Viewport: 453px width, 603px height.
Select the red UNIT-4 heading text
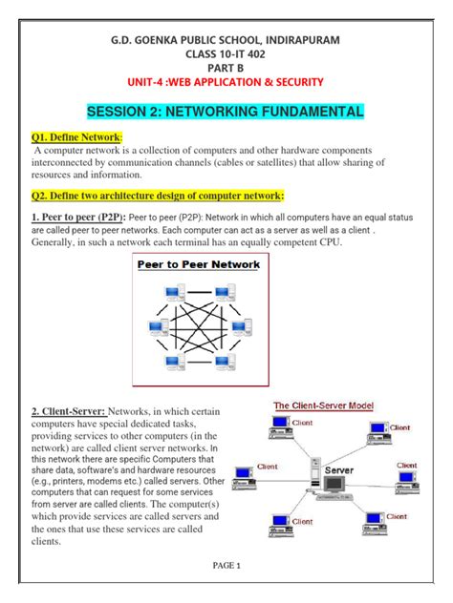[x=226, y=83]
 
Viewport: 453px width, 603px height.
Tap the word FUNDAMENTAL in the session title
[x=303, y=112]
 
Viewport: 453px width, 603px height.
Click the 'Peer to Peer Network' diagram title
[x=199, y=264]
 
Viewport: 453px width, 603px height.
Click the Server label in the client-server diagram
[x=339, y=471]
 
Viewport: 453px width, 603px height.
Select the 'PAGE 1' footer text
[x=226, y=565]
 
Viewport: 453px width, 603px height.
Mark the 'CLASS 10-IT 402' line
[x=226, y=54]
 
